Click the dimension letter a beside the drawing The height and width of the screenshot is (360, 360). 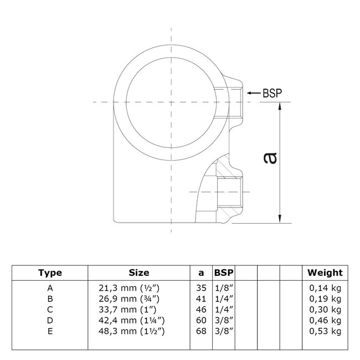pos(269,158)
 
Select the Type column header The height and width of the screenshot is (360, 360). pos(50,272)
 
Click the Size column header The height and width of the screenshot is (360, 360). pos(138,272)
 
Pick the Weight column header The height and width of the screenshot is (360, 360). pos(325,272)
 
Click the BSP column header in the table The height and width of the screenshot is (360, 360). pos(224,272)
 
